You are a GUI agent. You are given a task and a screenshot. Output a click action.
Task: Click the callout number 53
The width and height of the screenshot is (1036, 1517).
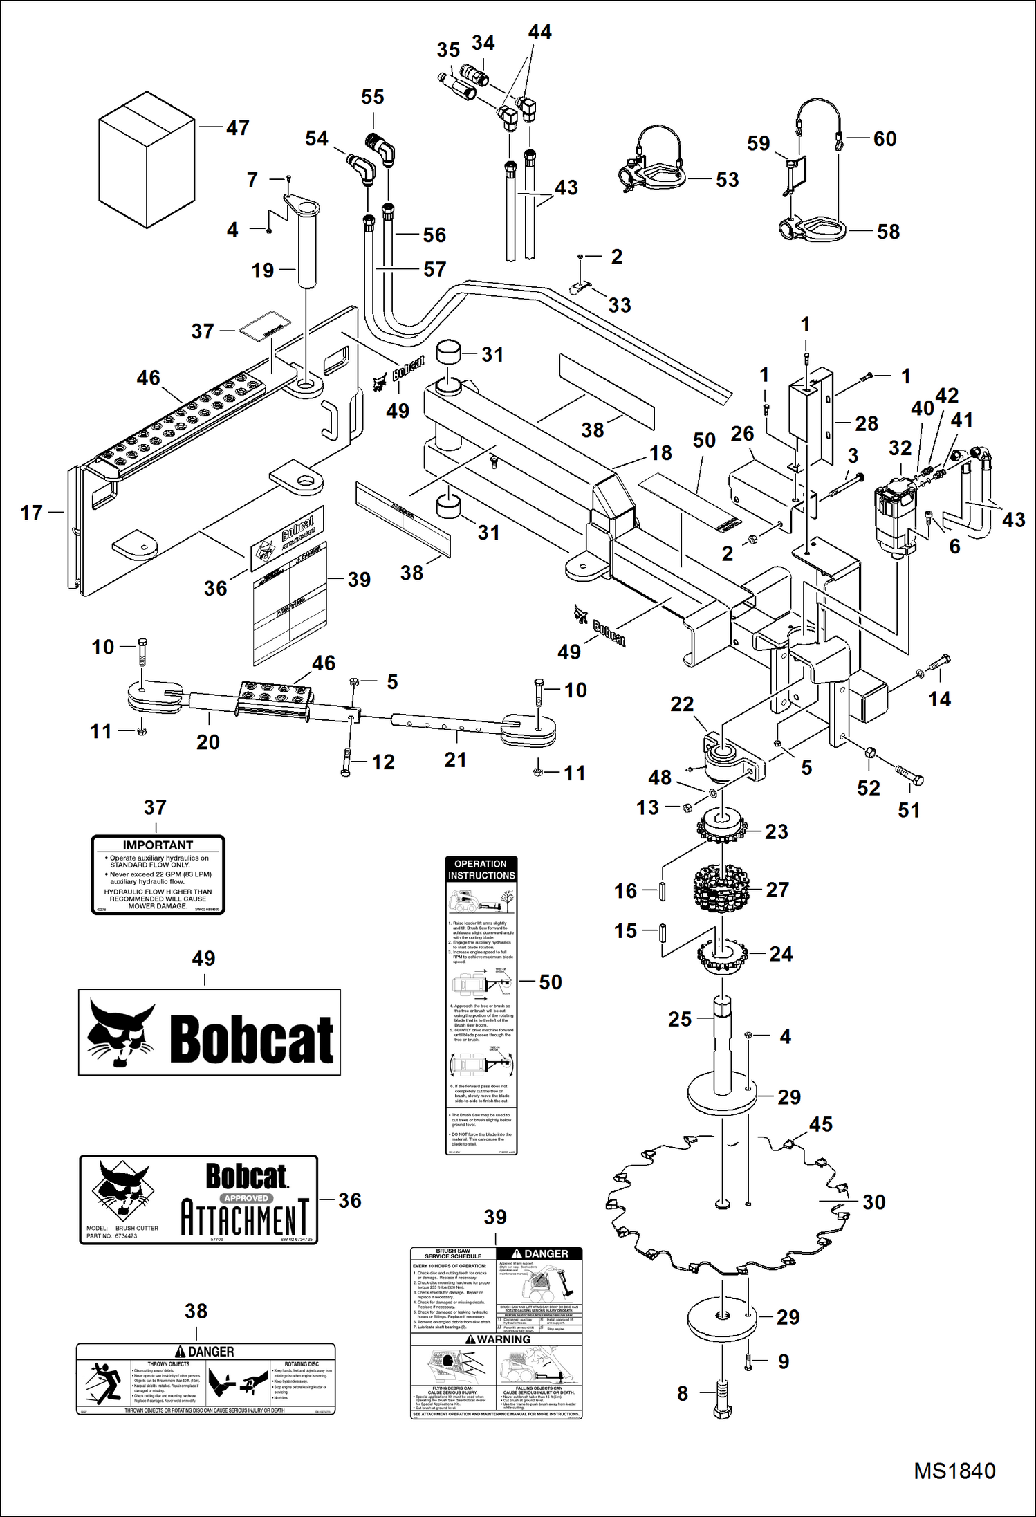pos(727,180)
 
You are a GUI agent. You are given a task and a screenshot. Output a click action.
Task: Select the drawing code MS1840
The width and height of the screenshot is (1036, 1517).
pos(954,1471)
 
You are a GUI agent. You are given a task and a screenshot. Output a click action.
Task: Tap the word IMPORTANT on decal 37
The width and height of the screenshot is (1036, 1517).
pos(158,845)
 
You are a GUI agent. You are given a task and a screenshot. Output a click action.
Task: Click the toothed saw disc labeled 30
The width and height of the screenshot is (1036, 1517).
pos(726,1204)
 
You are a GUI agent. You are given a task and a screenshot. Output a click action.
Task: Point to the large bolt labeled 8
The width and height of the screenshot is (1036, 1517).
pos(721,1399)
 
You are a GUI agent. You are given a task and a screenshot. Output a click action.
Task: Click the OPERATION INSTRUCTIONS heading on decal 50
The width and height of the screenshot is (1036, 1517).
pos(481,870)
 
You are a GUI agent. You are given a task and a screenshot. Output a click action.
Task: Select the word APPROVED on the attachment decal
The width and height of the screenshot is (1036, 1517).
pos(246,1198)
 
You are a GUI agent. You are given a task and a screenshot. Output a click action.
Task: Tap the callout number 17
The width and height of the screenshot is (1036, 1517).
pos(31,513)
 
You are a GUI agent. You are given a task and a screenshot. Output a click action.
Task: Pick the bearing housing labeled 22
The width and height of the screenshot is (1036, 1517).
pos(730,761)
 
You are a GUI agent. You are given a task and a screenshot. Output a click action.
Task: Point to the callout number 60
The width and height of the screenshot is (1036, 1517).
pos(885,138)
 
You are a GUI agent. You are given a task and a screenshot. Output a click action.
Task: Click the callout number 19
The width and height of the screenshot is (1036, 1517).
pos(262,270)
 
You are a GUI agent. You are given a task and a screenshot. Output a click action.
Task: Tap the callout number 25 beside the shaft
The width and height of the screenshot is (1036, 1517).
pos(679,1019)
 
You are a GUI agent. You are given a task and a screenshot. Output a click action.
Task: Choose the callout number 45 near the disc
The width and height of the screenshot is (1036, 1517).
pos(820,1124)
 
